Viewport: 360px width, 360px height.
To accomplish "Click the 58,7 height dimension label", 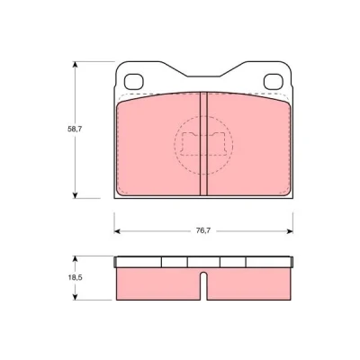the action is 75,129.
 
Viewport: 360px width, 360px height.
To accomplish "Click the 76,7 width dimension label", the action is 203,230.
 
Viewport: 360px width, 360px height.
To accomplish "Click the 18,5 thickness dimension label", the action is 75,277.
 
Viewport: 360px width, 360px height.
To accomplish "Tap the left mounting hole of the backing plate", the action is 134,82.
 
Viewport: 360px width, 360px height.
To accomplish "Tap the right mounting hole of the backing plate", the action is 274,82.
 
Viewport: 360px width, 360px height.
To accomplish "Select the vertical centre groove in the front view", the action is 203,144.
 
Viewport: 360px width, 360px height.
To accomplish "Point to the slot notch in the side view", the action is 203,285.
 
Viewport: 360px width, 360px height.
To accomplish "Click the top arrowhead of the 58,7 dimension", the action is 75,65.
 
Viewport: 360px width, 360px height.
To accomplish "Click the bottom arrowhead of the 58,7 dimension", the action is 75,195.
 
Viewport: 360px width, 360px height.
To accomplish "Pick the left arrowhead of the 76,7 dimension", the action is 117,231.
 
